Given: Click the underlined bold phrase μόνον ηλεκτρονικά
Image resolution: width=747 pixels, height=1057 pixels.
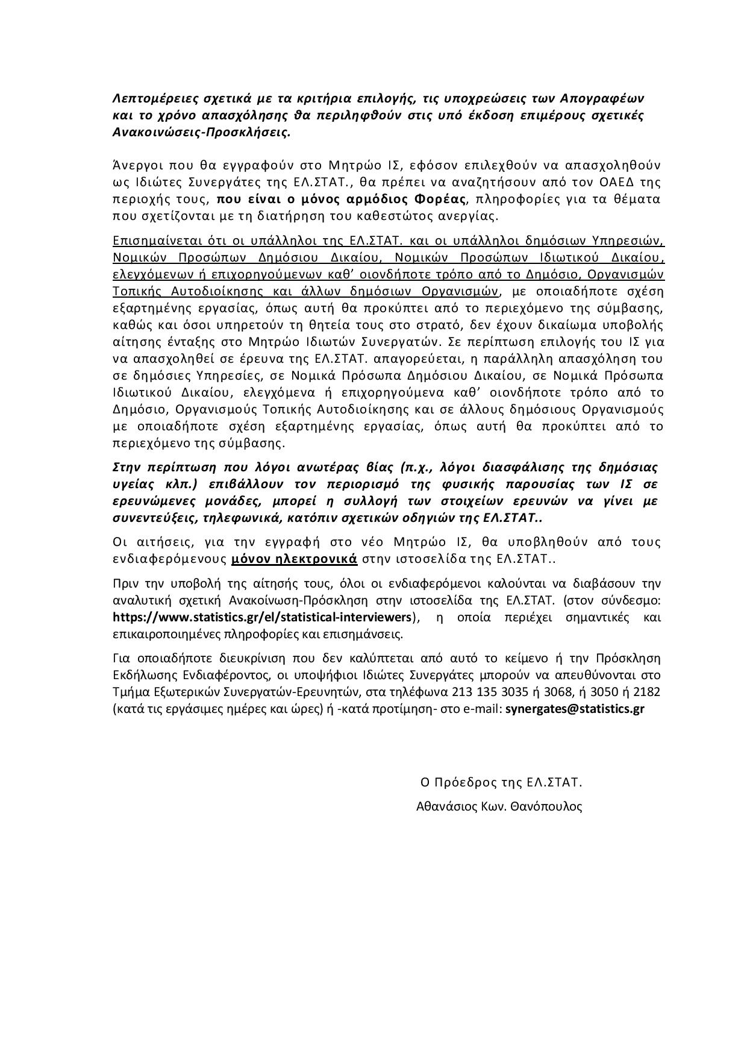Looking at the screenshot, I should point(295,559).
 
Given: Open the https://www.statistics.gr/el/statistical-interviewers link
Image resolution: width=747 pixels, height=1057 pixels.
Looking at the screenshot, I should point(263,617).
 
